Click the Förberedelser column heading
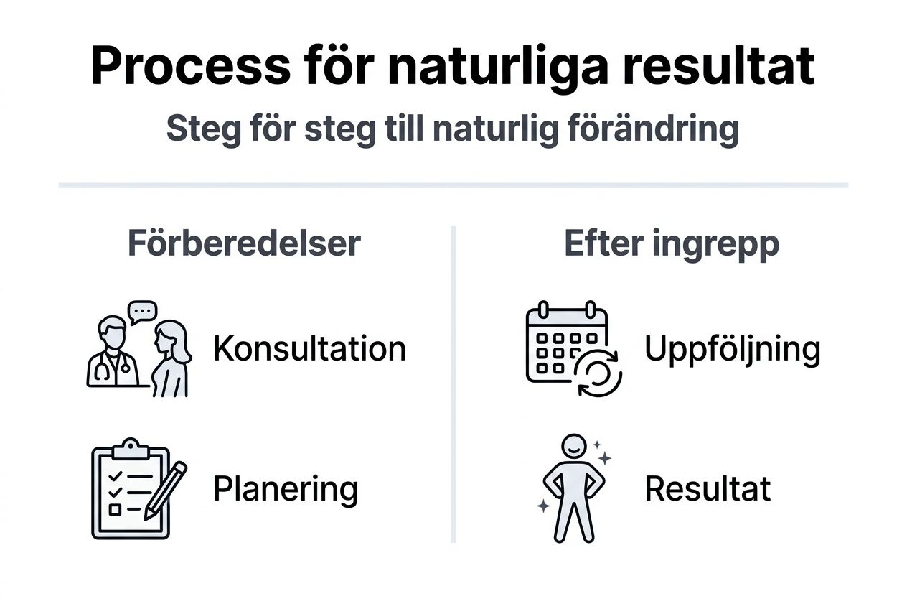click(x=244, y=244)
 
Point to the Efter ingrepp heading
click(x=672, y=244)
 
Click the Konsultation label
click(x=309, y=349)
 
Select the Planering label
click(x=286, y=489)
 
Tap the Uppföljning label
click(x=732, y=349)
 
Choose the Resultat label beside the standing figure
click(x=708, y=489)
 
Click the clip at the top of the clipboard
click(x=129, y=449)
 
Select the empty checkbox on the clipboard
click(x=114, y=509)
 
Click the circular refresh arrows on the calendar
click(x=599, y=374)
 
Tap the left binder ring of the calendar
click(x=544, y=310)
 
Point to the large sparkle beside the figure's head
click(x=604, y=457)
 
